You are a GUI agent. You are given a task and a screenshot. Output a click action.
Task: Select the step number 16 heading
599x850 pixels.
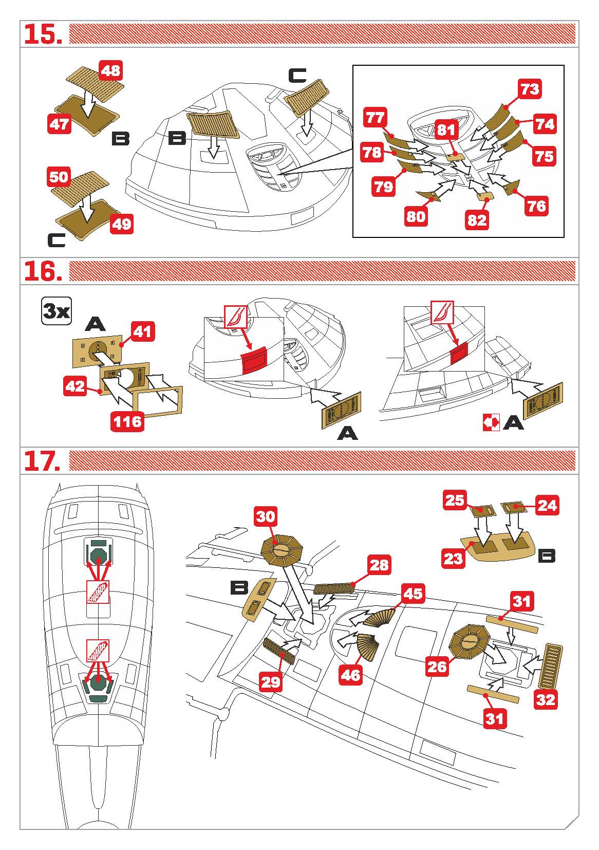pos(44,271)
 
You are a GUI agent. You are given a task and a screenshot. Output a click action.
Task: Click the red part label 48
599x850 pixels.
pos(111,70)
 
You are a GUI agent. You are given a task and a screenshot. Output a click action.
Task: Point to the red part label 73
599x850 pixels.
pos(530,89)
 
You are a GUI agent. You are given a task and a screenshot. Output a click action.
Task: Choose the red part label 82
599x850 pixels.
pos(477,220)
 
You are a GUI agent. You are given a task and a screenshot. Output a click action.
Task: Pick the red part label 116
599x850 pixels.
pos(127,421)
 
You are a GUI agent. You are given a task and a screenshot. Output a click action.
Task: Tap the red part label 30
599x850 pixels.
pos(266,516)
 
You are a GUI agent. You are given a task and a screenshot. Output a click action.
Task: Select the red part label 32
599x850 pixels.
pos(545,699)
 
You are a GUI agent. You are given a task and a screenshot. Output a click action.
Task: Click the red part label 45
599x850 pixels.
pos(413,594)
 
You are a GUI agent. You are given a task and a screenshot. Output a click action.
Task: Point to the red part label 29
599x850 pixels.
pos(271,681)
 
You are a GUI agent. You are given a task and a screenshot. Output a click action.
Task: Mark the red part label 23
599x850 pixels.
pos(453,558)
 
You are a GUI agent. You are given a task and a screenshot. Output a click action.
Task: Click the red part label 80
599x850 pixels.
pos(416,216)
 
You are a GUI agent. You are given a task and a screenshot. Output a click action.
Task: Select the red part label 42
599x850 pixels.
pos(76,386)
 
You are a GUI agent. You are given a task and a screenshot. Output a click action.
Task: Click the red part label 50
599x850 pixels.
pos(59,177)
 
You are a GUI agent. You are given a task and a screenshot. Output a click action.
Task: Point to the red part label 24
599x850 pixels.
pos(547,505)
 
